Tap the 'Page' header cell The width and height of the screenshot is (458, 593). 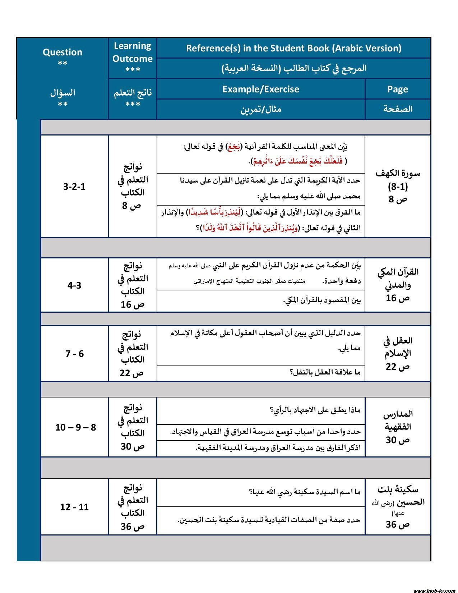click(x=397, y=89)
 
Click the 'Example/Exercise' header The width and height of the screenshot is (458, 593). click(x=260, y=89)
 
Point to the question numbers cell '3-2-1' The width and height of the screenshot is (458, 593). click(x=74, y=187)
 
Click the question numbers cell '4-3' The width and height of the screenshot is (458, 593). click(x=74, y=285)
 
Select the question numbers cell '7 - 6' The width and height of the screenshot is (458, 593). click(x=74, y=354)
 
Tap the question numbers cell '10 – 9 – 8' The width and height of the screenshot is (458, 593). click(x=75, y=427)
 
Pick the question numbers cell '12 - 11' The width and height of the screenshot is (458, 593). click(x=74, y=507)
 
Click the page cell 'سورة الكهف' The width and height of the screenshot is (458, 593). click(x=398, y=186)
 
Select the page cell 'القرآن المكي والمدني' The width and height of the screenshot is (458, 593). click(x=398, y=285)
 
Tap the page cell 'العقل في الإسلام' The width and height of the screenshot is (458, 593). click(x=398, y=353)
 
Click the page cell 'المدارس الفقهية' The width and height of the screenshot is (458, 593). click(x=398, y=427)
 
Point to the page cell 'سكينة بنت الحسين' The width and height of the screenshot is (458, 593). click(x=398, y=506)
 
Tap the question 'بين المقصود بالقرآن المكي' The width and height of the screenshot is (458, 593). click(x=322, y=300)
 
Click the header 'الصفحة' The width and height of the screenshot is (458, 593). click(x=397, y=109)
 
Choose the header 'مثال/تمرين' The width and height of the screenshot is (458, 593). click(x=260, y=109)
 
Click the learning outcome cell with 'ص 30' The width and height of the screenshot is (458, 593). click(x=133, y=427)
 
